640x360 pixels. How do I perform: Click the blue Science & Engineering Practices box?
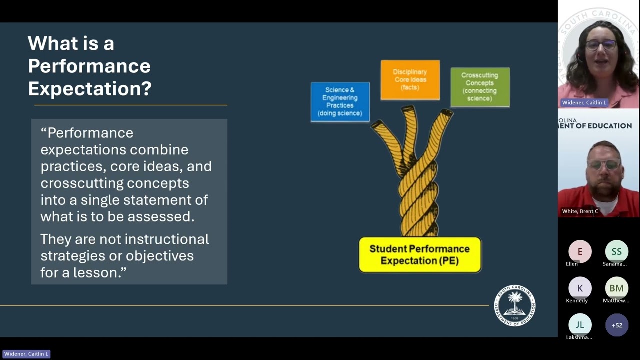pos(340,101)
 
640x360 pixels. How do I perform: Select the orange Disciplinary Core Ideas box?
pos(410,80)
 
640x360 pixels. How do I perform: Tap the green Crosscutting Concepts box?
pos(480,87)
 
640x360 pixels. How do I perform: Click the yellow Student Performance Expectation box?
pos(420,255)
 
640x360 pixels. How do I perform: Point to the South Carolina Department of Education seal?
pos(514,306)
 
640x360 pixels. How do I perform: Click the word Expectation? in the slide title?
pos(90,88)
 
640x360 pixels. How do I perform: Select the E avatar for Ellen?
pos(580,252)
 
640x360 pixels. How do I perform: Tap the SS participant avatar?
pos(616,252)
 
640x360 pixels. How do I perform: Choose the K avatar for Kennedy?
pos(580,288)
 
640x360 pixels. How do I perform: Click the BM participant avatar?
pos(616,288)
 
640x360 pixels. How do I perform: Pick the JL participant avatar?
pos(580,325)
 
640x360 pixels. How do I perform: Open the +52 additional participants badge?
pos(616,325)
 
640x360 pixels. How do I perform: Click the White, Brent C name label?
pos(580,211)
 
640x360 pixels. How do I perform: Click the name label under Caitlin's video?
pos(584,102)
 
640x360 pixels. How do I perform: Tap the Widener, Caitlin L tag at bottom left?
pos(26,354)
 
